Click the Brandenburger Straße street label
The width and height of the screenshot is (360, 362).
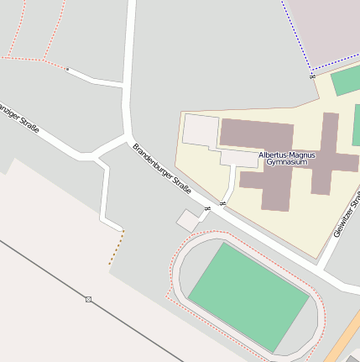162,169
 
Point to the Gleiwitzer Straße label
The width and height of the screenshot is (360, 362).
347,214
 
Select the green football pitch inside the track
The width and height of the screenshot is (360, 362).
247,297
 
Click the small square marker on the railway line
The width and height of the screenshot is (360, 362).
88,299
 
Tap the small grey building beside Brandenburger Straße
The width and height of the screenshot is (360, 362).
188,221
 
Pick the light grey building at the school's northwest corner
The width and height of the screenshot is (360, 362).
201,130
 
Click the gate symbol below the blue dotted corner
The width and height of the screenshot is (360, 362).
312,76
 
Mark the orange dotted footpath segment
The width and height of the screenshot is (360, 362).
115,249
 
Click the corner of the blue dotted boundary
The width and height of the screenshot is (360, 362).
311,68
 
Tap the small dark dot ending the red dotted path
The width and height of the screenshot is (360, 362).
67,69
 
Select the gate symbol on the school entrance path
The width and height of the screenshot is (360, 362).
222,203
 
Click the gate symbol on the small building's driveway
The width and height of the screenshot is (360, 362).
206,208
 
